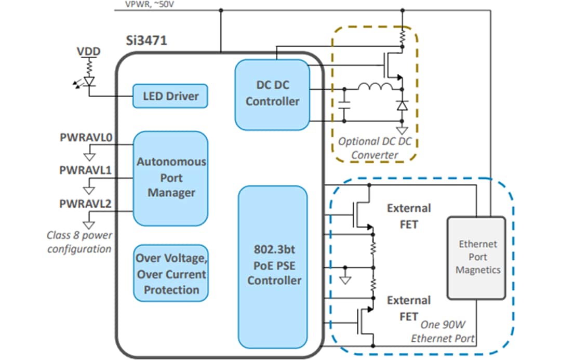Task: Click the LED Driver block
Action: coord(170,96)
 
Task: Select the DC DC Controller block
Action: coord(272,94)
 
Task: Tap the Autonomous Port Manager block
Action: coord(171,178)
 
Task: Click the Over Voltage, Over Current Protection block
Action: coord(171,274)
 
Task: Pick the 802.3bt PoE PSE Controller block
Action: coord(274,264)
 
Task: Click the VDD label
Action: coord(88,51)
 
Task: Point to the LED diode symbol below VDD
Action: coord(89,82)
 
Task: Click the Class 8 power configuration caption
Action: coord(79,242)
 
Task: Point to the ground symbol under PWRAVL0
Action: coord(89,155)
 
